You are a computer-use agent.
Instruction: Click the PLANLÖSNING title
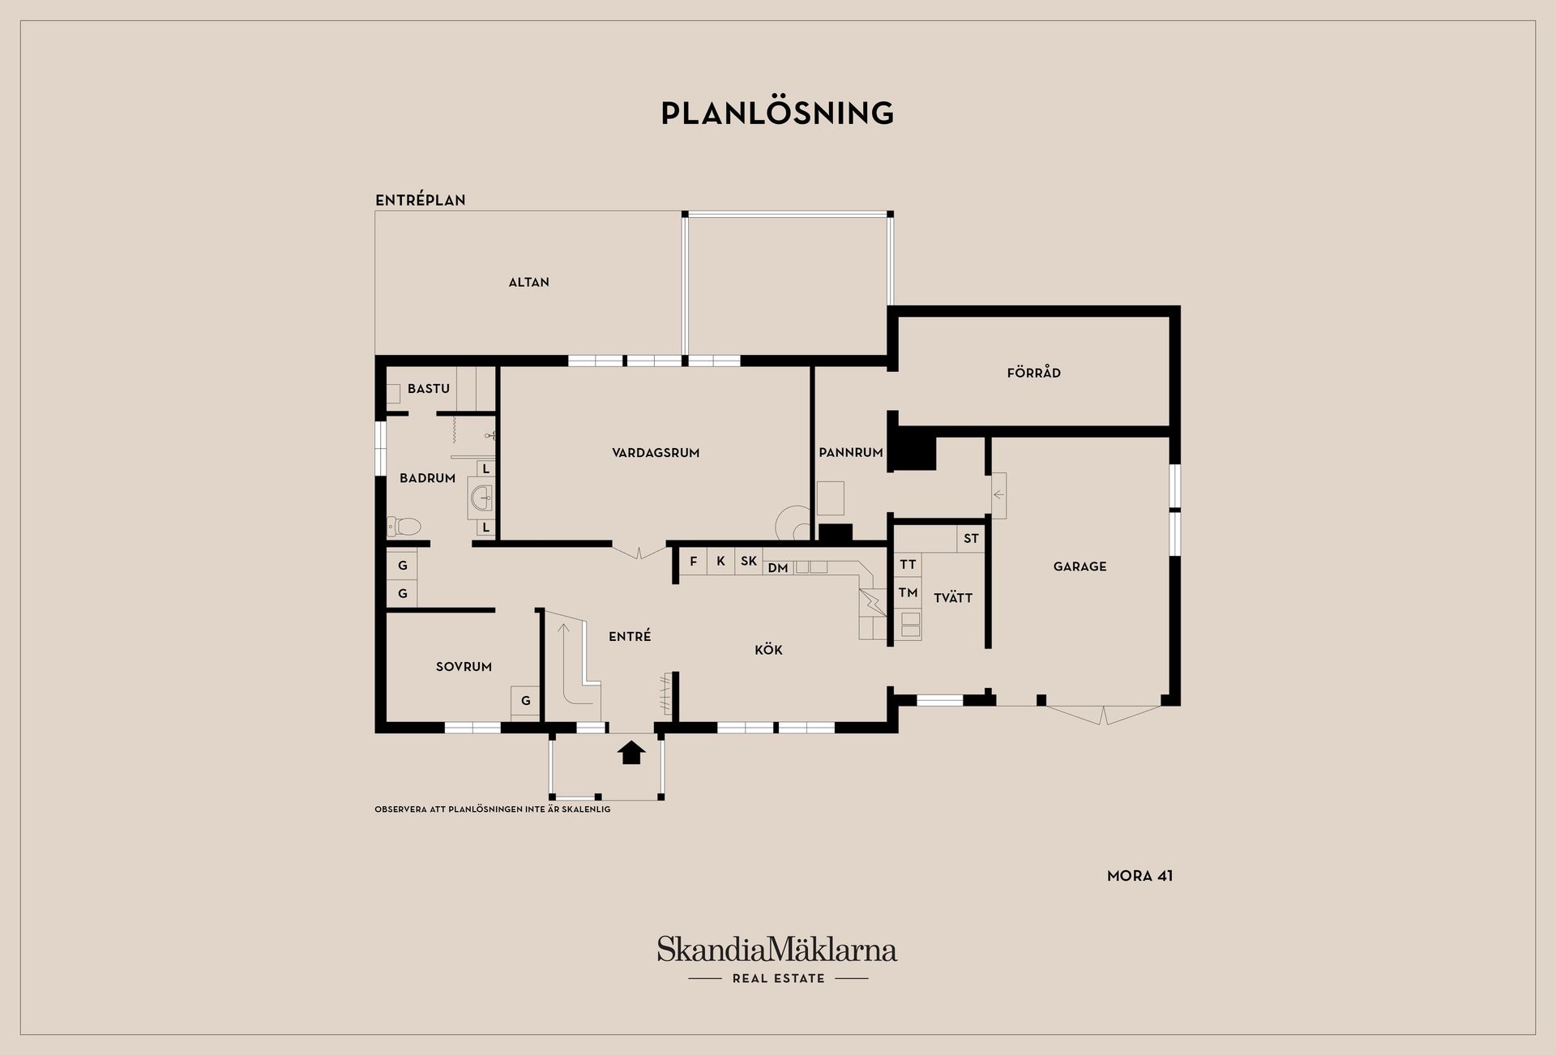click(x=777, y=113)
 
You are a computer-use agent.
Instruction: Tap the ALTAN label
click(x=528, y=282)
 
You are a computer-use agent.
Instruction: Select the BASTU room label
click(x=429, y=389)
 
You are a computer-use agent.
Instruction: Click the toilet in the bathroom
click(x=404, y=527)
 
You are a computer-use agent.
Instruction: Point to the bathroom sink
click(x=481, y=497)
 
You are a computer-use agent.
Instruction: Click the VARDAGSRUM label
click(x=656, y=453)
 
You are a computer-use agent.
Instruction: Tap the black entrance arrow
click(x=631, y=753)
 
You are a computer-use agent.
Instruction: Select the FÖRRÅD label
click(x=1033, y=373)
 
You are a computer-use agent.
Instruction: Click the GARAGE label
click(x=1079, y=566)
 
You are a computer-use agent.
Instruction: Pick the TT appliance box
click(x=908, y=565)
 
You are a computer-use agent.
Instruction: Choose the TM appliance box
click(x=908, y=593)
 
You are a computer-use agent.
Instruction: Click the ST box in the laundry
click(x=971, y=539)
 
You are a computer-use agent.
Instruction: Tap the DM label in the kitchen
click(x=778, y=568)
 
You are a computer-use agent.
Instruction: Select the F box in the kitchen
click(x=693, y=562)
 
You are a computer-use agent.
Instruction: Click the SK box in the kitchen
click(x=749, y=562)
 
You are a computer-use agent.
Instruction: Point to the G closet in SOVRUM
click(x=525, y=701)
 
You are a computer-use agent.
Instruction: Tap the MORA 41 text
click(x=1139, y=876)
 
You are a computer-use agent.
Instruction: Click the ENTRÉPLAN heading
click(x=420, y=200)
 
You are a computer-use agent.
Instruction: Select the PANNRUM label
click(x=850, y=453)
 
